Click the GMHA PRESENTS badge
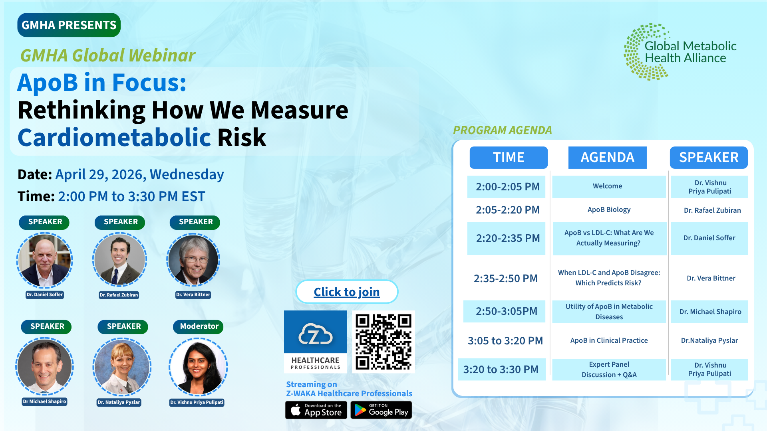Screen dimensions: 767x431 pyautogui.click(x=69, y=25)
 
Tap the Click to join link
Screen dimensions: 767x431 pyautogui.click(x=347, y=292)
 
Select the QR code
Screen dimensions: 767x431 pyautogui.click(x=383, y=342)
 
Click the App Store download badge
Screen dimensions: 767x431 pyautogui.click(x=316, y=410)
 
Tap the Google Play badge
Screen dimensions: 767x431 pyautogui.click(x=381, y=410)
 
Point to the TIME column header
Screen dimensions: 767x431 pyautogui.click(x=509, y=157)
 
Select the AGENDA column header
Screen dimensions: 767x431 pyautogui.click(x=608, y=157)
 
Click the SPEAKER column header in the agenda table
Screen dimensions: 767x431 pyautogui.click(x=709, y=157)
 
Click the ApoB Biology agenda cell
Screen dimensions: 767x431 pyautogui.click(x=609, y=210)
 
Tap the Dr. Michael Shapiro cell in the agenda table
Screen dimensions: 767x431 pyautogui.click(x=709, y=312)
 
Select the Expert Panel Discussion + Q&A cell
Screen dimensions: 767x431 pyautogui.click(x=609, y=370)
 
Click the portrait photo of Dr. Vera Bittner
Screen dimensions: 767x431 pyautogui.click(x=193, y=260)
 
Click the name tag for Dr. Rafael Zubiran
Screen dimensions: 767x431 pyautogui.click(x=119, y=295)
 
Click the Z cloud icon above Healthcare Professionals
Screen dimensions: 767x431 pyautogui.click(x=316, y=334)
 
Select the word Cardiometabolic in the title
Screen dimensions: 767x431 pyautogui.click(x=114, y=138)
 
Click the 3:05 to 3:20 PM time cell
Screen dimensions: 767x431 pyautogui.click(x=506, y=341)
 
